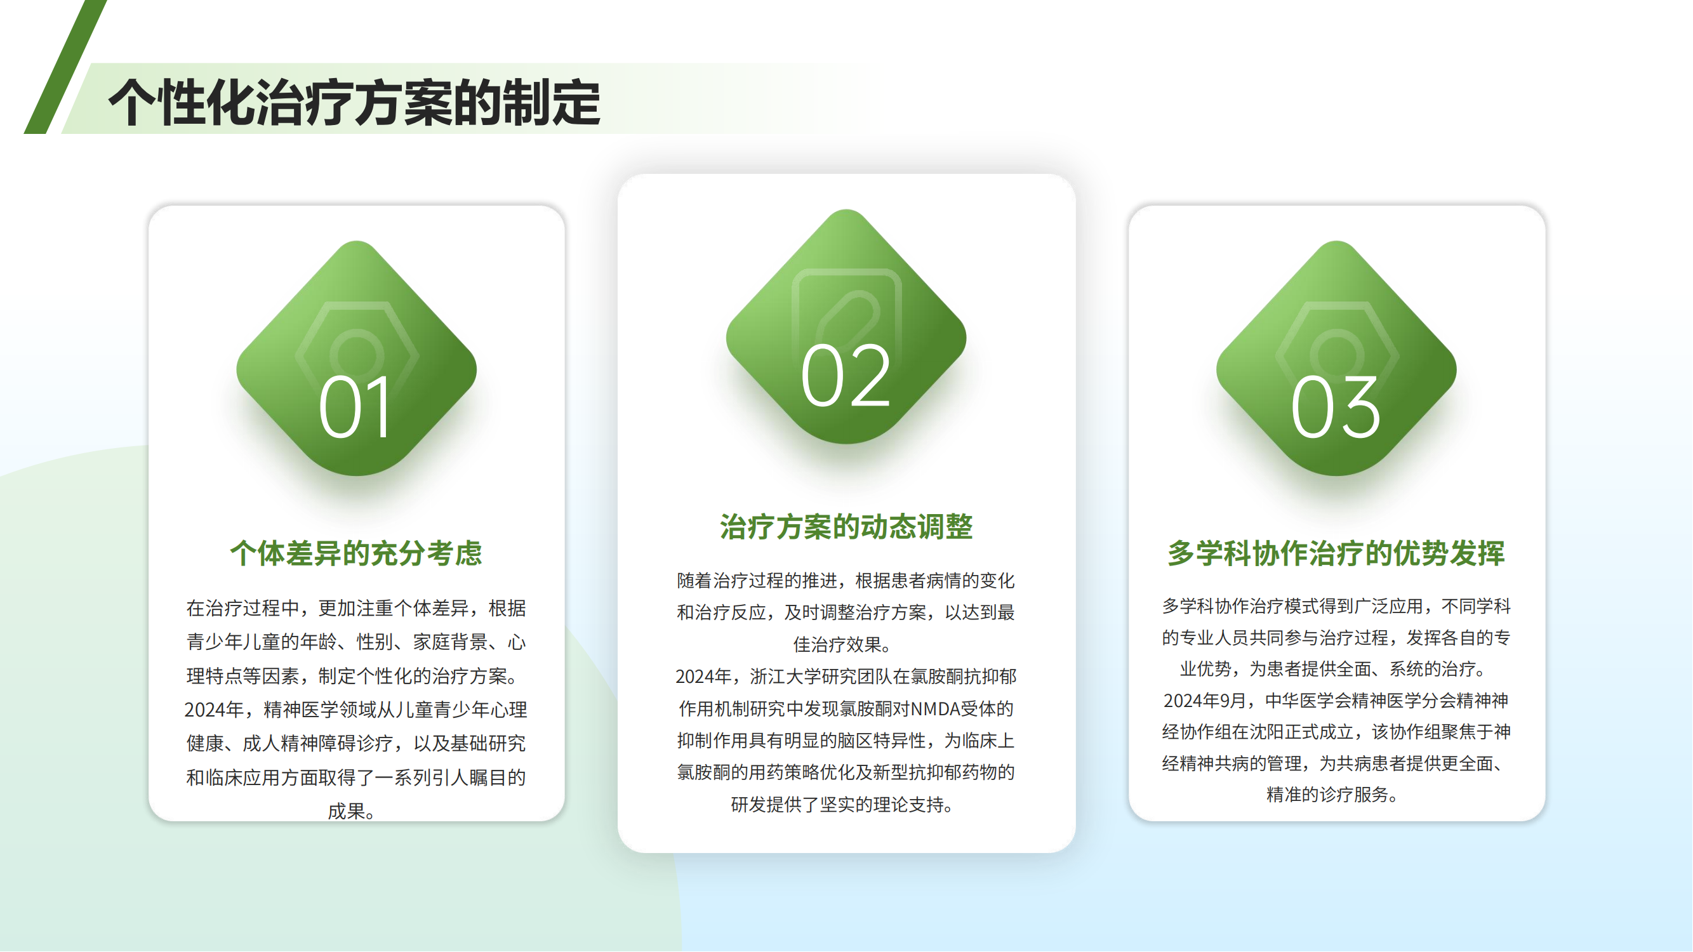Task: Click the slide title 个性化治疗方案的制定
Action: pos(354,102)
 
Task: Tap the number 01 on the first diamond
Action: pos(355,407)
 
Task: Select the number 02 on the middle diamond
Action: pos(846,376)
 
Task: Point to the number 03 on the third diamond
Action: pos(1336,407)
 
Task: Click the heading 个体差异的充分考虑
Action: pos(356,553)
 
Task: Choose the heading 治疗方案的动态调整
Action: pos(846,527)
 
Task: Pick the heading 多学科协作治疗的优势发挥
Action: pos(1336,553)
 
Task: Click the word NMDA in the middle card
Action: pos(935,709)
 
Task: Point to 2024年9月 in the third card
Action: pos(1205,701)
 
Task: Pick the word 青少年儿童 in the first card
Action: pos(234,642)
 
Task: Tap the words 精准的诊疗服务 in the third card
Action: pos(1327,795)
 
